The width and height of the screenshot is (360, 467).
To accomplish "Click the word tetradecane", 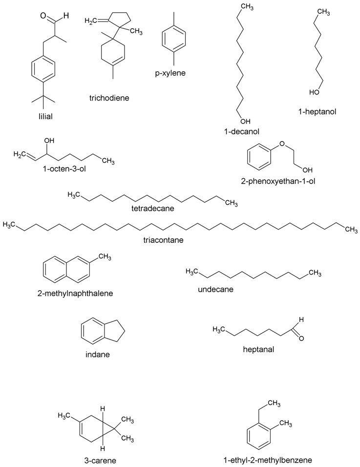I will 153,209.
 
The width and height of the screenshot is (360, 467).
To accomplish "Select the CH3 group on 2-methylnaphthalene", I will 105,257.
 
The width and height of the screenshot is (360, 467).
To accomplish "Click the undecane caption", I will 215,289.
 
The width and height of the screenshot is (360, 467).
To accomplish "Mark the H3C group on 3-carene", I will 65,416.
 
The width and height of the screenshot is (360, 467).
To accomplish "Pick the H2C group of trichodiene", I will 91,21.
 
